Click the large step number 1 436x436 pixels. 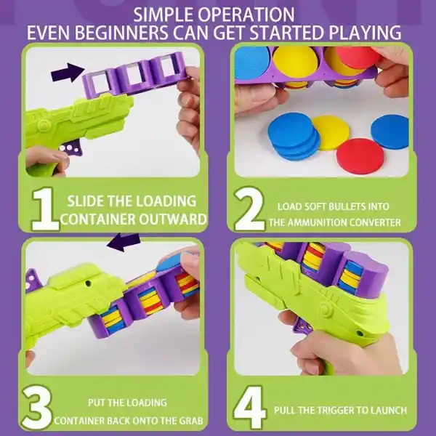coord(45,209)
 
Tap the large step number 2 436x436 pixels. coord(249,209)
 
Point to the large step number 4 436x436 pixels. coord(250,408)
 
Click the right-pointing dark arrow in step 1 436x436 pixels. coord(68,73)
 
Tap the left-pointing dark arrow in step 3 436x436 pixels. coord(124,242)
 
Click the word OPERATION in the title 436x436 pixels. coord(250,15)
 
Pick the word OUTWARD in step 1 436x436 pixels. coord(173,219)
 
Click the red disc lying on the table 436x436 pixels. coord(360,156)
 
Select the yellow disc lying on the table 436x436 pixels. coord(331,133)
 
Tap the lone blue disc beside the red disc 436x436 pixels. coord(389,132)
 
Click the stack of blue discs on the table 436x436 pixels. coord(294,137)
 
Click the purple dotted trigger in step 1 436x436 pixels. coord(71,147)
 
